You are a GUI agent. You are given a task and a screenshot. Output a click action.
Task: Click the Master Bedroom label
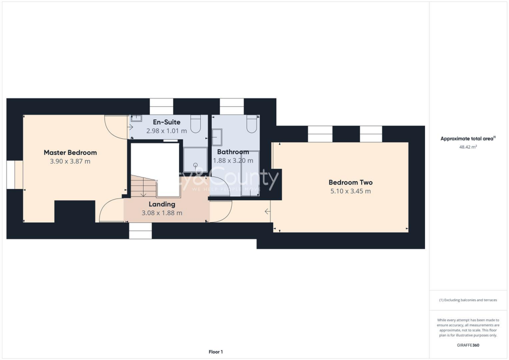point(70,153)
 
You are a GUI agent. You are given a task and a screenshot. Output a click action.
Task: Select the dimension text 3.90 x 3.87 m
point(70,162)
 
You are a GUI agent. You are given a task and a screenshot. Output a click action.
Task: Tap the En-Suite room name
point(167,122)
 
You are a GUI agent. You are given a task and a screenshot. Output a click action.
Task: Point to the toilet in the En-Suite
point(195,124)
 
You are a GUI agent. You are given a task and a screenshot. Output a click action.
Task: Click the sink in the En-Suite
point(136,119)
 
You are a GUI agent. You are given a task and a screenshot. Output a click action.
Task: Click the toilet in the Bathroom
point(252,124)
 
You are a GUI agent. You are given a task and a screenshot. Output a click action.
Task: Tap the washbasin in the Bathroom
point(217,136)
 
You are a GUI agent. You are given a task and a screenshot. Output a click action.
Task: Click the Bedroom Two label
point(350,182)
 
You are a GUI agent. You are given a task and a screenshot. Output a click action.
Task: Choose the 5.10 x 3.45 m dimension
point(350,191)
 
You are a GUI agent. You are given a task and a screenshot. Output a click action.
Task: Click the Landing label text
point(162,204)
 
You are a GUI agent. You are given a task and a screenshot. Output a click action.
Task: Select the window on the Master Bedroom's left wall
point(11,175)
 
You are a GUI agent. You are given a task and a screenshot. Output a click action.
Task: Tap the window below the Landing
point(141,231)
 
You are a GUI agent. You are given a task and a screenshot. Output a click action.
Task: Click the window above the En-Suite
point(162,106)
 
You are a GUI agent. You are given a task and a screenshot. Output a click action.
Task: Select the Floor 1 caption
point(216,352)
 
